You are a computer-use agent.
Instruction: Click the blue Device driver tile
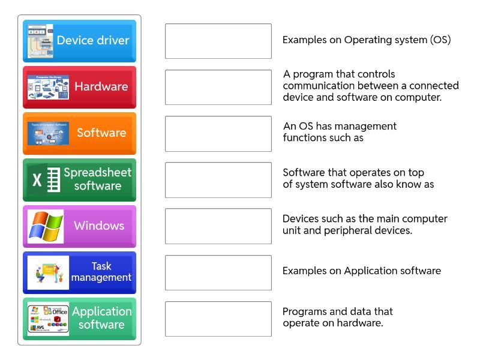click(x=79, y=41)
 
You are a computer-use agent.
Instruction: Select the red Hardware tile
click(x=79, y=87)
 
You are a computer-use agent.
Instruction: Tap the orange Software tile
click(x=79, y=133)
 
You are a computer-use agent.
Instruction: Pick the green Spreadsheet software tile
click(x=79, y=179)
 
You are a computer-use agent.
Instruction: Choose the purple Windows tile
click(x=79, y=226)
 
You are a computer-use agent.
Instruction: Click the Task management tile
click(x=79, y=272)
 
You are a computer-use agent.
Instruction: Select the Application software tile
click(x=79, y=318)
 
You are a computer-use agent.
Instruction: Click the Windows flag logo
click(x=46, y=226)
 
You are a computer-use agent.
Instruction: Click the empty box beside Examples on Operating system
click(x=218, y=41)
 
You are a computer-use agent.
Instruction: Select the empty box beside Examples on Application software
click(x=218, y=272)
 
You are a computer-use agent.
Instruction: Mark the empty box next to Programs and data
click(x=218, y=319)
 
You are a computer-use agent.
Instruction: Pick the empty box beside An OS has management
click(x=218, y=133)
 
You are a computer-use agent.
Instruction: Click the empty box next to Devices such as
click(x=218, y=226)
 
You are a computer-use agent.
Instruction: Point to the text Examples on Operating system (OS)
click(x=367, y=40)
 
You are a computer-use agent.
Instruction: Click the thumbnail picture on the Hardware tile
click(x=48, y=87)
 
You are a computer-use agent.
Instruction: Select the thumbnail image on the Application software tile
click(x=48, y=319)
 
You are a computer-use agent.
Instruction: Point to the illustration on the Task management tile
click(x=48, y=272)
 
